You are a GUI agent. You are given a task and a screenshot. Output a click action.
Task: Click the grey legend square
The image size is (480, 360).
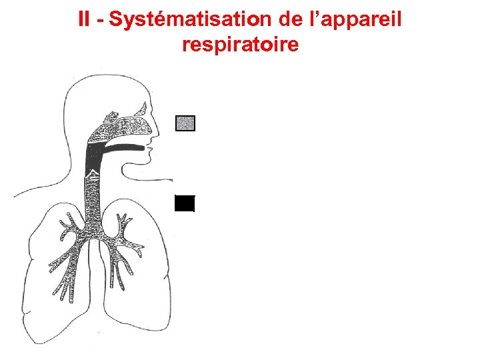point(185,123)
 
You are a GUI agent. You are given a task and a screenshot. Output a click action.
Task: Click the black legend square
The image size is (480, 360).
point(185,203)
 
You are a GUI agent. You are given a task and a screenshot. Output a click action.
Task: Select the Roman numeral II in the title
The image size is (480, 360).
point(83,19)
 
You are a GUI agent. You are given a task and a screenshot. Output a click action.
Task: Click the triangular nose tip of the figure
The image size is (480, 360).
point(159,131)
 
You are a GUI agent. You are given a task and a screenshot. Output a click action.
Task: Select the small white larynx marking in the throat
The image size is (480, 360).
point(94,176)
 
